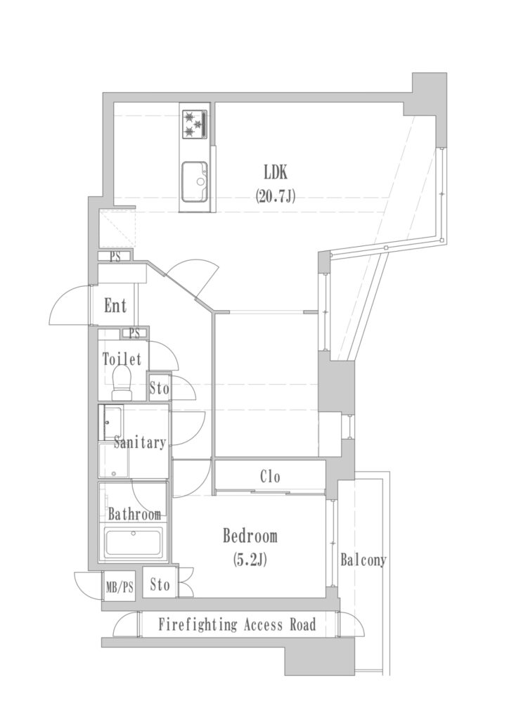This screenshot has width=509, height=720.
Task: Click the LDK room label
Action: (276, 173)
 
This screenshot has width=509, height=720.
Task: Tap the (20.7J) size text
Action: (276, 197)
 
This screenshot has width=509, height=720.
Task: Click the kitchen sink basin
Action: (194, 182)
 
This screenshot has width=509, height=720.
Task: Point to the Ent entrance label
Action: (115, 306)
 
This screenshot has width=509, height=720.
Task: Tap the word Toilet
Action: (122, 359)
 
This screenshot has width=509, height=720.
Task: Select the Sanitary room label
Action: (139, 442)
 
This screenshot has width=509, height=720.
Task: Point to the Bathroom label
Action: (134, 514)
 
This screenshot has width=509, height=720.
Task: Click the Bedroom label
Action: (250, 536)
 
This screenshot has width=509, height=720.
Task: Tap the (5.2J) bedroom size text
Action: (250, 559)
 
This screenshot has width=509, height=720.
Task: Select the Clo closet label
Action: (270, 477)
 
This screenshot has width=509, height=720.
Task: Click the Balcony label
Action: (363, 560)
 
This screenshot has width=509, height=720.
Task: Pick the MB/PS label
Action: (120, 587)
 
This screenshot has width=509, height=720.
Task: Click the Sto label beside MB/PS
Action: (160, 585)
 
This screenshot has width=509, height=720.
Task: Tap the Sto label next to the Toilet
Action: (160, 389)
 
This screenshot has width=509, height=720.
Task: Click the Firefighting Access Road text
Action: (238, 624)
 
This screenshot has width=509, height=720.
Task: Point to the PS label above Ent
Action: (115, 257)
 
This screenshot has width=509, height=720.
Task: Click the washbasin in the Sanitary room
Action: (112, 423)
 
